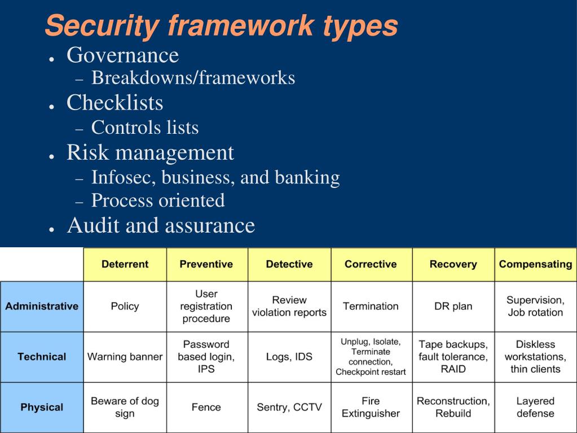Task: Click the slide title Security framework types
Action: pyautogui.click(x=221, y=25)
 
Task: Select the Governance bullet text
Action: pyautogui.click(x=122, y=55)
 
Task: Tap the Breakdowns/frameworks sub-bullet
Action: pyautogui.click(x=193, y=77)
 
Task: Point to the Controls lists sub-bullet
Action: pyautogui.click(x=145, y=128)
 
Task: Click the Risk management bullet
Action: pyautogui.click(x=150, y=152)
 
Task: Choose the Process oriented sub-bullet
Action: pyautogui.click(x=158, y=200)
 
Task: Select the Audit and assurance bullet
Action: pyautogui.click(x=161, y=225)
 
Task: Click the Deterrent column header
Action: pyautogui.click(x=125, y=264)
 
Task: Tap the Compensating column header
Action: pyautogui.click(x=535, y=264)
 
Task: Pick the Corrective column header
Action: pyautogui.click(x=371, y=264)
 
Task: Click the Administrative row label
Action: pyautogui.click(x=42, y=307)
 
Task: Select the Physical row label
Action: pyautogui.click(x=42, y=407)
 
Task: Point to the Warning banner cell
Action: pyautogui.click(x=125, y=357)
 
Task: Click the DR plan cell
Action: pyautogui.click(x=453, y=307)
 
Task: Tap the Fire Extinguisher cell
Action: pyautogui.click(x=371, y=407)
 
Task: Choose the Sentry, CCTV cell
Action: pyautogui.click(x=289, y=407)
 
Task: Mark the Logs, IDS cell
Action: pyautogui.click(x=289, y=357)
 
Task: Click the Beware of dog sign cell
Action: pyautogui.click(x=125, y=407)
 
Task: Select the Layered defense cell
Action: pyautogui.click(x=535, y=407)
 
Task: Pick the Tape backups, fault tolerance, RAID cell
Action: pyautogui.click(x=453, y=357)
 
